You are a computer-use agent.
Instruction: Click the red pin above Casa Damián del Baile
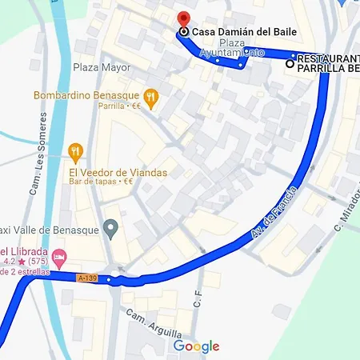(183, 18)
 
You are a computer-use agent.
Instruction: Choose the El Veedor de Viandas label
(118, 172)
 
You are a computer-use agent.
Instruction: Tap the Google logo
(196, 346)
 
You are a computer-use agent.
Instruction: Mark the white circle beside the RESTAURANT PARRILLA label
(290, 63)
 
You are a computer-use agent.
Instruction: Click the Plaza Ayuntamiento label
(232, 48)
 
